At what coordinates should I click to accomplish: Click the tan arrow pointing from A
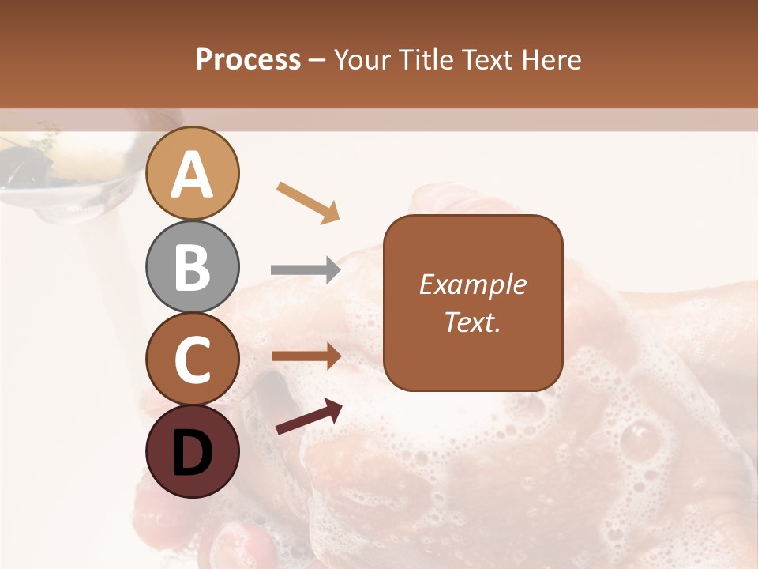308,202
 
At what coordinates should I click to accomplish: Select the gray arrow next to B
306,270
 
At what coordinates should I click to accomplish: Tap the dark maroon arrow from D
309,416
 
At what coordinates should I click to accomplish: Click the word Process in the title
248,59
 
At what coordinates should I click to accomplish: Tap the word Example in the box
473,284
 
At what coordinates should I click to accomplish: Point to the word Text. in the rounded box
473,322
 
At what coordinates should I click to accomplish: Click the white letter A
193,175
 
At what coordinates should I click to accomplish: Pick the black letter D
193,453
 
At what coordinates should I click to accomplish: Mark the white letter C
193,360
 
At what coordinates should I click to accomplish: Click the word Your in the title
364,59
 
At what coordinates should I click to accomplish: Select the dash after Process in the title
317,60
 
